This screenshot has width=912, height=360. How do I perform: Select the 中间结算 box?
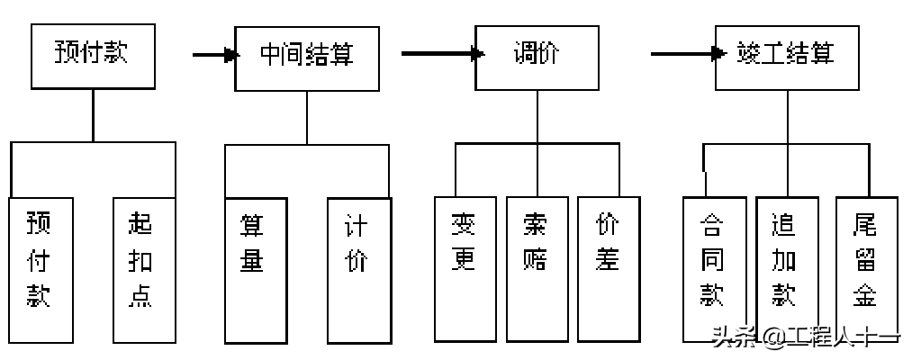(x=307, y=57)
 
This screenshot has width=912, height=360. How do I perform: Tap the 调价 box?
(x=537, y=57)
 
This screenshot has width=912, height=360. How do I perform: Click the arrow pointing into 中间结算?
(x=215, y=55)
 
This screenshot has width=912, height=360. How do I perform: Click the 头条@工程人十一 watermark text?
(x=805, y=339)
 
